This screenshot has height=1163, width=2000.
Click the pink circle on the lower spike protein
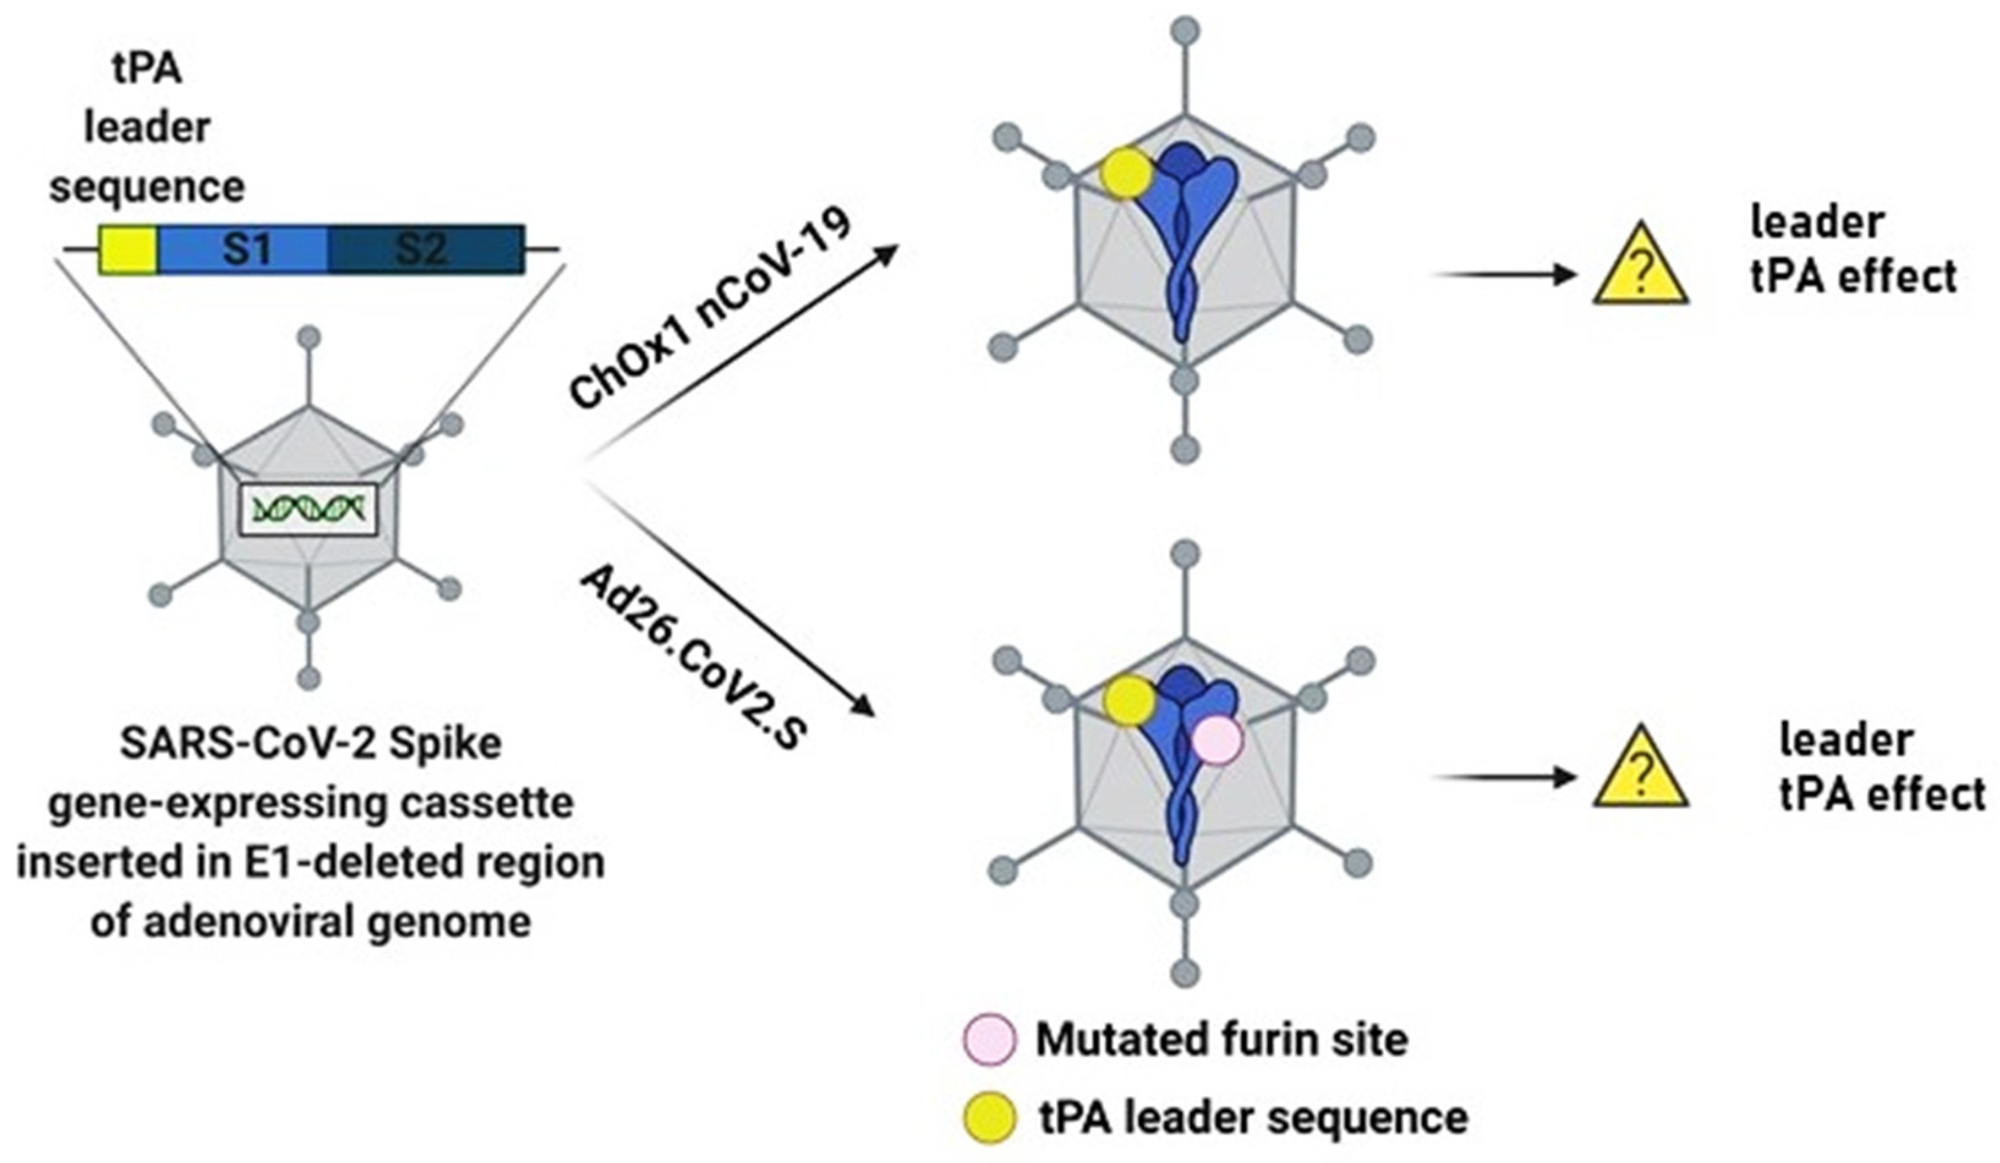pos(1217,739)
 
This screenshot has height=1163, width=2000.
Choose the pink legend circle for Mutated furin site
pos(989,1039)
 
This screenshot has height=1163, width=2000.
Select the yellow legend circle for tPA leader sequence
pos(989,1117)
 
